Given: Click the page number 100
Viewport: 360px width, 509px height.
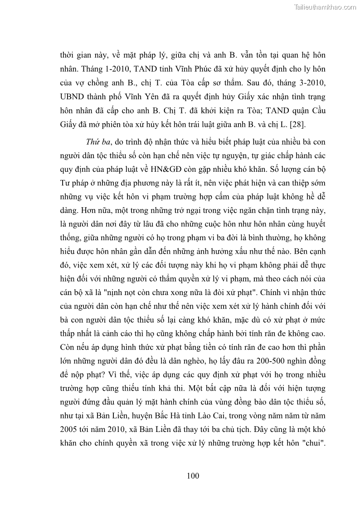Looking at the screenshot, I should tap(193, 475).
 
